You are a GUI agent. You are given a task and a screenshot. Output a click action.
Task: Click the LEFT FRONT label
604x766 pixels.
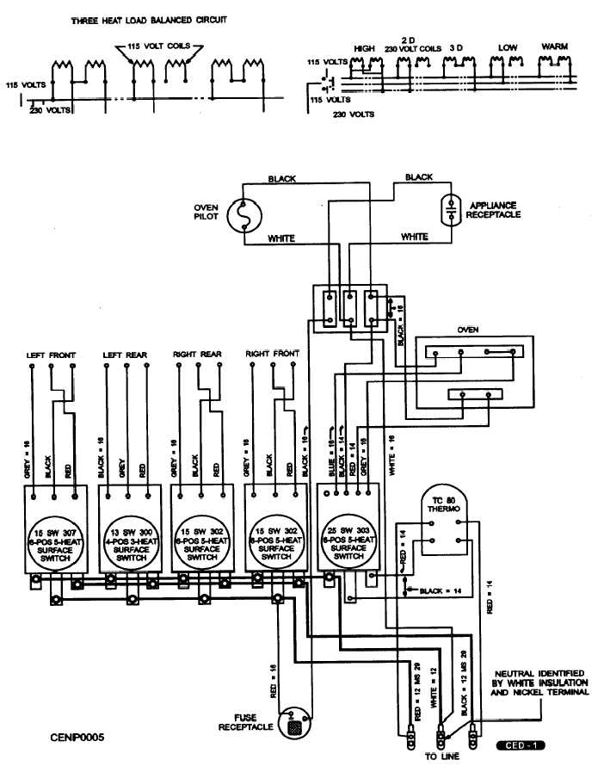coord(52,355)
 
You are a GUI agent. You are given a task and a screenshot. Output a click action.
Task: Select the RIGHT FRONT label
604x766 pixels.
coord(273,354)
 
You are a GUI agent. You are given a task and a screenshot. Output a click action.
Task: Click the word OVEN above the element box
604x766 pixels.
coord(467,328)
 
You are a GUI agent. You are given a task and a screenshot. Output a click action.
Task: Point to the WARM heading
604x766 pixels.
coord(555,46)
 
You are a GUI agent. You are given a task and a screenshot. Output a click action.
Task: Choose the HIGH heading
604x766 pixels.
coord(365,49)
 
